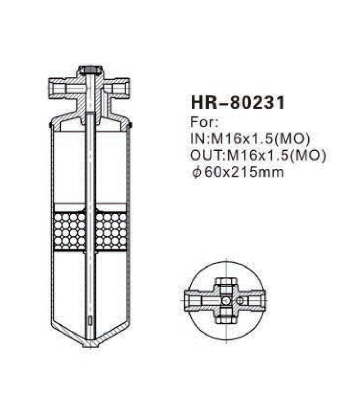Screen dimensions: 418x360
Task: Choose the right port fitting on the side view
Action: pyautogui.click(x=120, y=88)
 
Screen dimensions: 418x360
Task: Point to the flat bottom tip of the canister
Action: pyautogui.click(x=90, y=344)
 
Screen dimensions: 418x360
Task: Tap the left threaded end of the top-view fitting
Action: pyautogui.click(x=191, y=300)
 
